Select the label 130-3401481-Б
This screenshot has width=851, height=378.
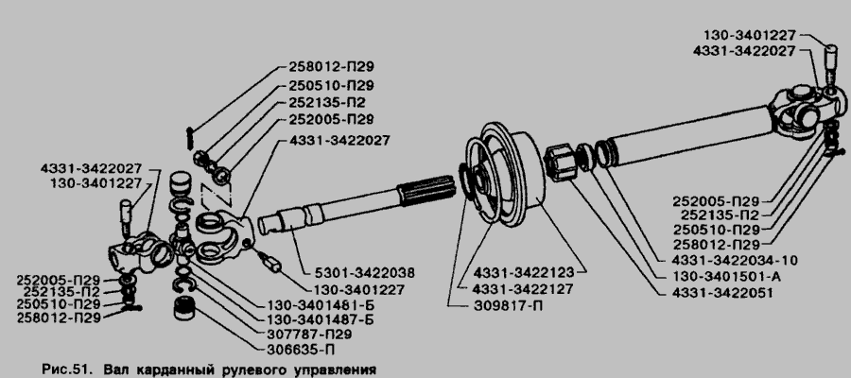[x=321, y=305]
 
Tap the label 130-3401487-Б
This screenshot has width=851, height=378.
[x=321, y=320]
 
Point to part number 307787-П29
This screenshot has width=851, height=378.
[x=309, y=335]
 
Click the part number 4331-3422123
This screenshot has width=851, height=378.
[x=523, y=271]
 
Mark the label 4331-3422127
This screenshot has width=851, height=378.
[x=523, y=289]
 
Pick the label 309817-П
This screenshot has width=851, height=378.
[x=508, y=306]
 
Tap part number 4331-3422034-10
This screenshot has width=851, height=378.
[x=736, y=260]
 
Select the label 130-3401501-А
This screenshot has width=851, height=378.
[x=727, y=277]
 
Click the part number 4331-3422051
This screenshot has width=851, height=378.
[x=723, y=293]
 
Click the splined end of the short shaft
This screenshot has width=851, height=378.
[x=426, y=191]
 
